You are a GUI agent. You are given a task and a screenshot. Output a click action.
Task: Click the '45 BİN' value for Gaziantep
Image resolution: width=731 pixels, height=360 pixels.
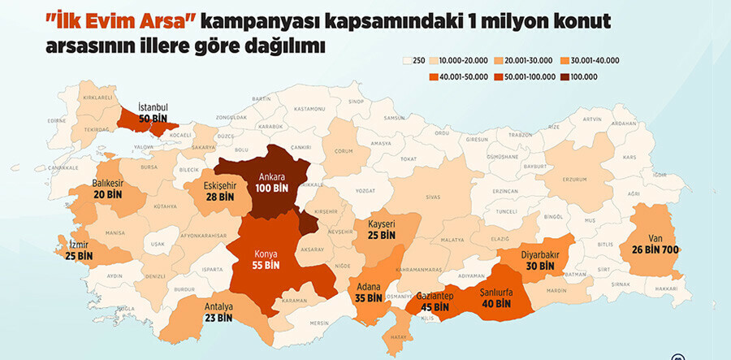[435, 307]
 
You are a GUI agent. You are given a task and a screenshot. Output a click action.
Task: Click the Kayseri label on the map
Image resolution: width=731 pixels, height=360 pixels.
[381, 223]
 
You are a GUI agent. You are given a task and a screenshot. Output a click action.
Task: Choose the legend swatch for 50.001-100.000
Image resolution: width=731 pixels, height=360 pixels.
[500, 76]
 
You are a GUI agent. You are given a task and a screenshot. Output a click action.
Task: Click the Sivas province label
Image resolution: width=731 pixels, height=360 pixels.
[432, 196]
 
